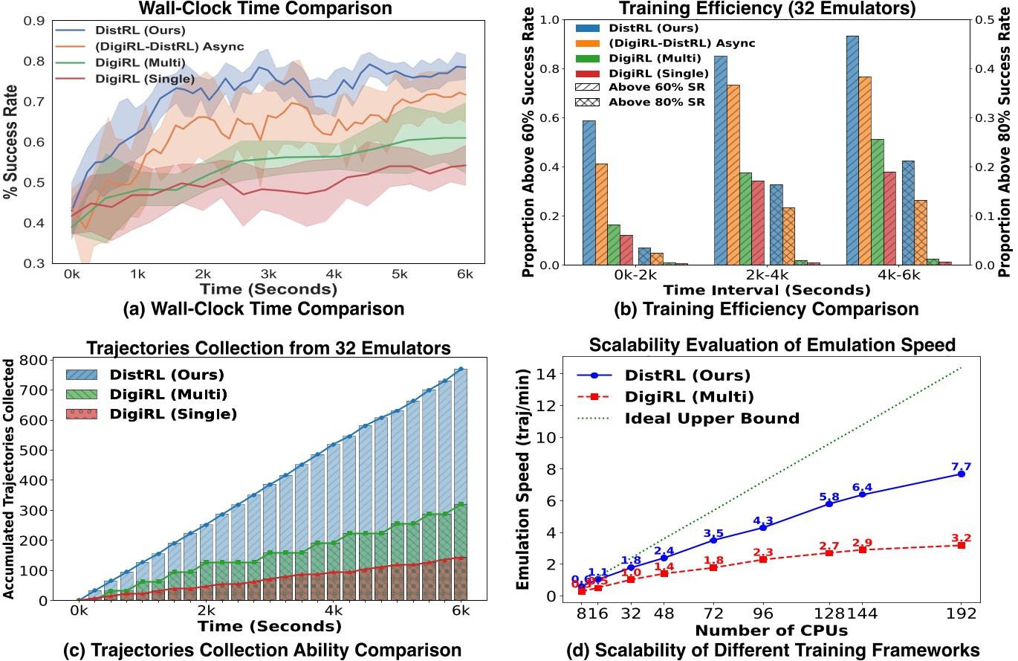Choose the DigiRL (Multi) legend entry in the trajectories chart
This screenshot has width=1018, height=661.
175,393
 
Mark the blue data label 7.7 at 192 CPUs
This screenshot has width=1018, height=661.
961,467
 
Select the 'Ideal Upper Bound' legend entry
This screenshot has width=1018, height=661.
711,418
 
